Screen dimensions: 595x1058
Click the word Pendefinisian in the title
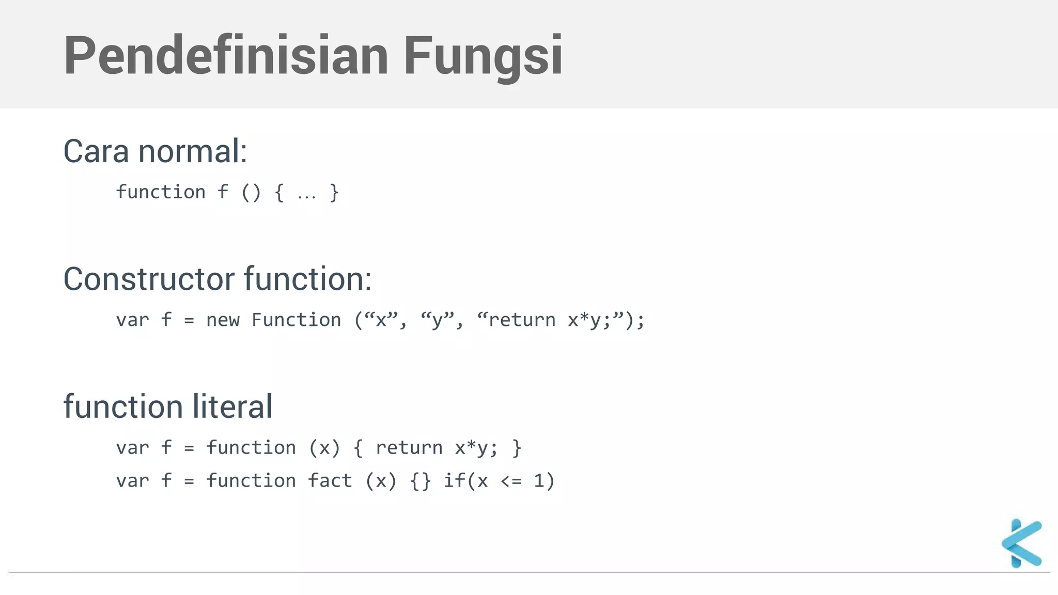tap(226, 56)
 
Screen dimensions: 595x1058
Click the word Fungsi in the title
tap(483, 56)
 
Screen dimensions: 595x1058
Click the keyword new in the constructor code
tap(223, 320)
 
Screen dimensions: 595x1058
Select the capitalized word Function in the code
tap(296, 320)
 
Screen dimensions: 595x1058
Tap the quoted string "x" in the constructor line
tap(382, 320)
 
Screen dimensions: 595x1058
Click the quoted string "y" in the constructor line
tap(438, 320)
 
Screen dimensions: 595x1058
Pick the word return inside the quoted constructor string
tap(522, 320)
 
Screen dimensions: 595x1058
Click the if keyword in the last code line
tap(454, 481)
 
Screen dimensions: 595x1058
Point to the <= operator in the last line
tap(511, 481)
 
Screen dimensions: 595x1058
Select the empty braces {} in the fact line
tap(420, 481)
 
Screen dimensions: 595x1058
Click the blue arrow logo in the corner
tap(1021, 543)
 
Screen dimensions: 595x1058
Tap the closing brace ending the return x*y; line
tap(516, 448)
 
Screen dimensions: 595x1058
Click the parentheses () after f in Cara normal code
tap(251, 192)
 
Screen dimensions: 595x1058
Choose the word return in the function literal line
tap(409, 448)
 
